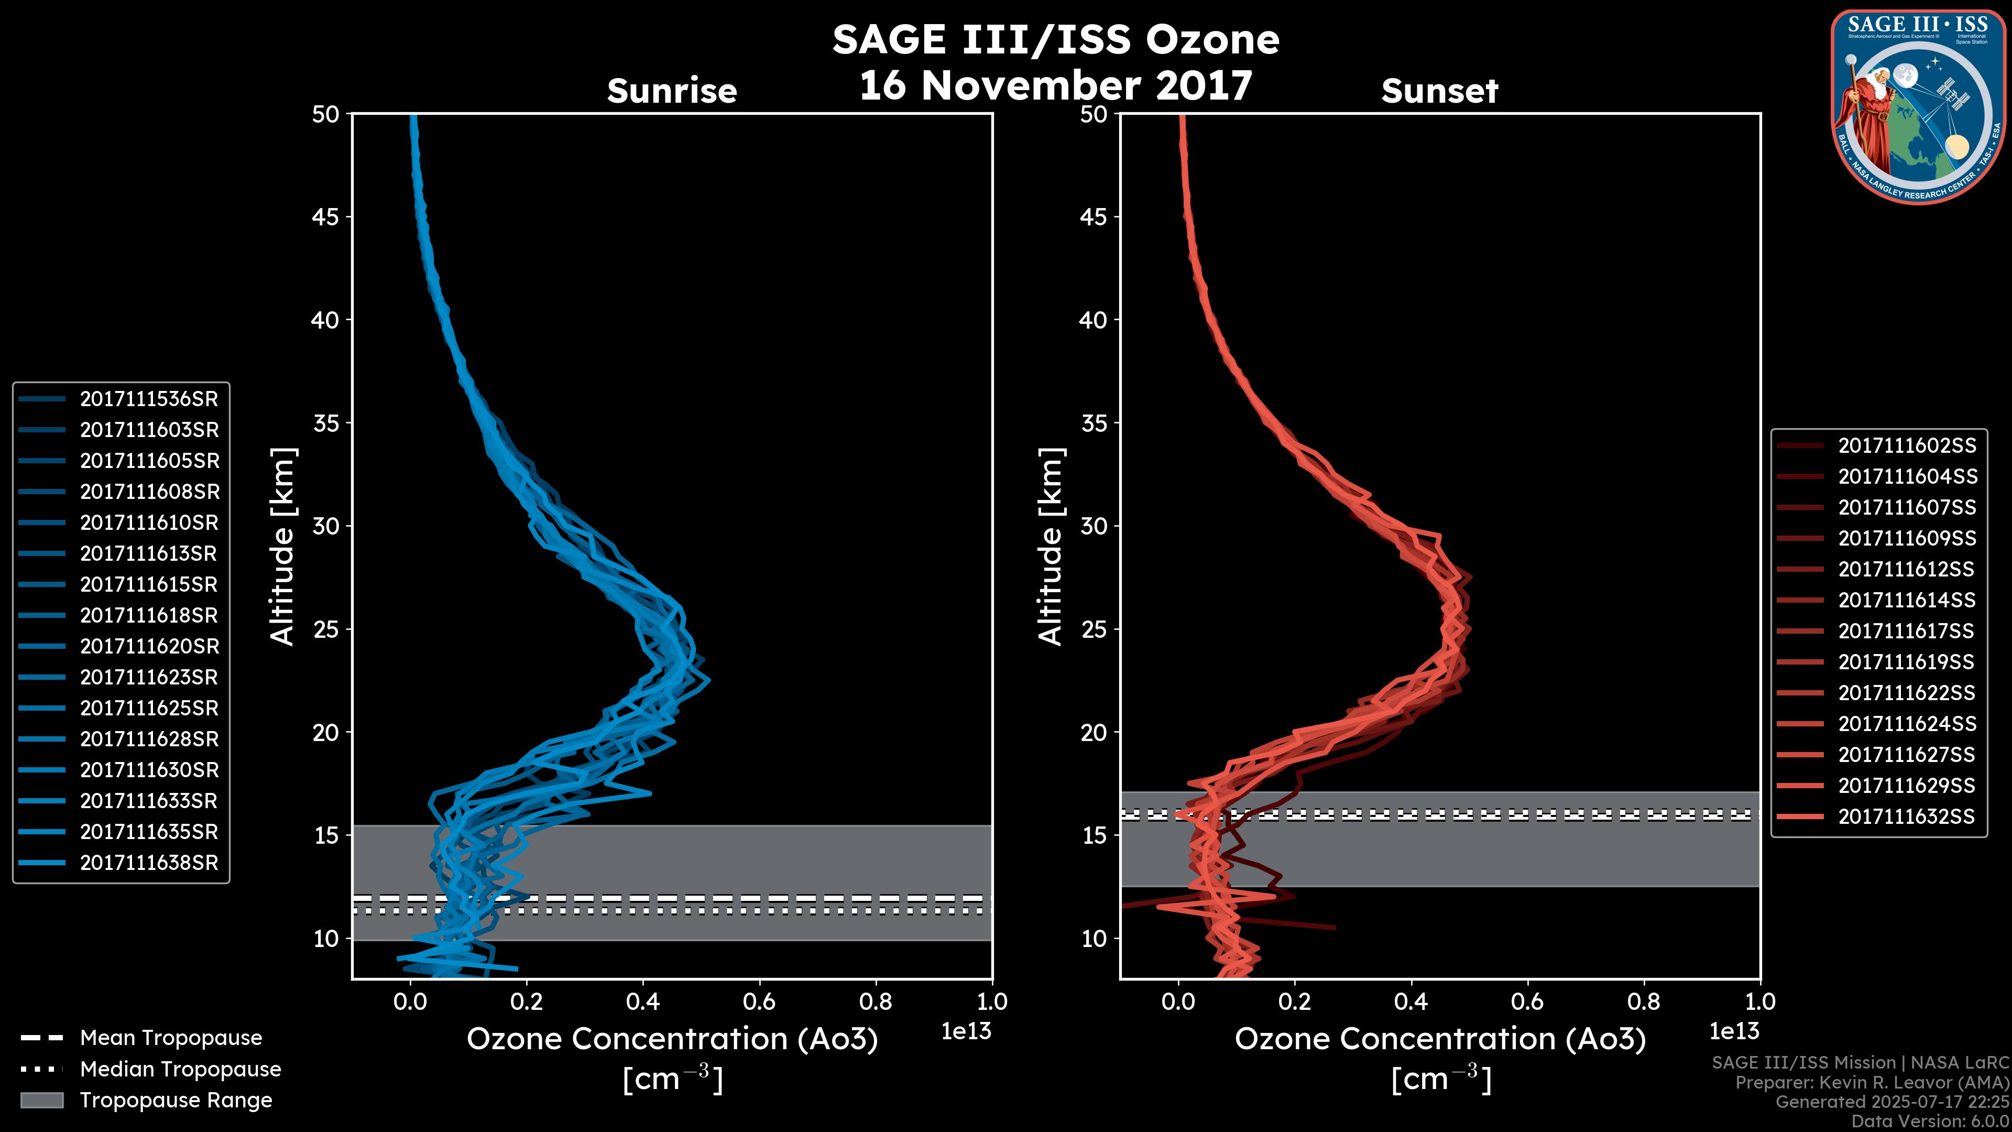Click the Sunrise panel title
click(672, 91)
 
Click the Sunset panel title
click(1439, 91)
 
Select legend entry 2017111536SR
click(148, 399)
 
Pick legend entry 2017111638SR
click(148, 863)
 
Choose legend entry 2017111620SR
click(148, 647)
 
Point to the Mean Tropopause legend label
click(171, 1038)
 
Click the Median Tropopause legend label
click(180, 1070)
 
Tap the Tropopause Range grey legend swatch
click(41, 1101)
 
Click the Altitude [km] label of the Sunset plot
click(1051, 547)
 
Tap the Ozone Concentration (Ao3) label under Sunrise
click(672, 1040)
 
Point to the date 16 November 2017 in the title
click(1055, 86)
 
